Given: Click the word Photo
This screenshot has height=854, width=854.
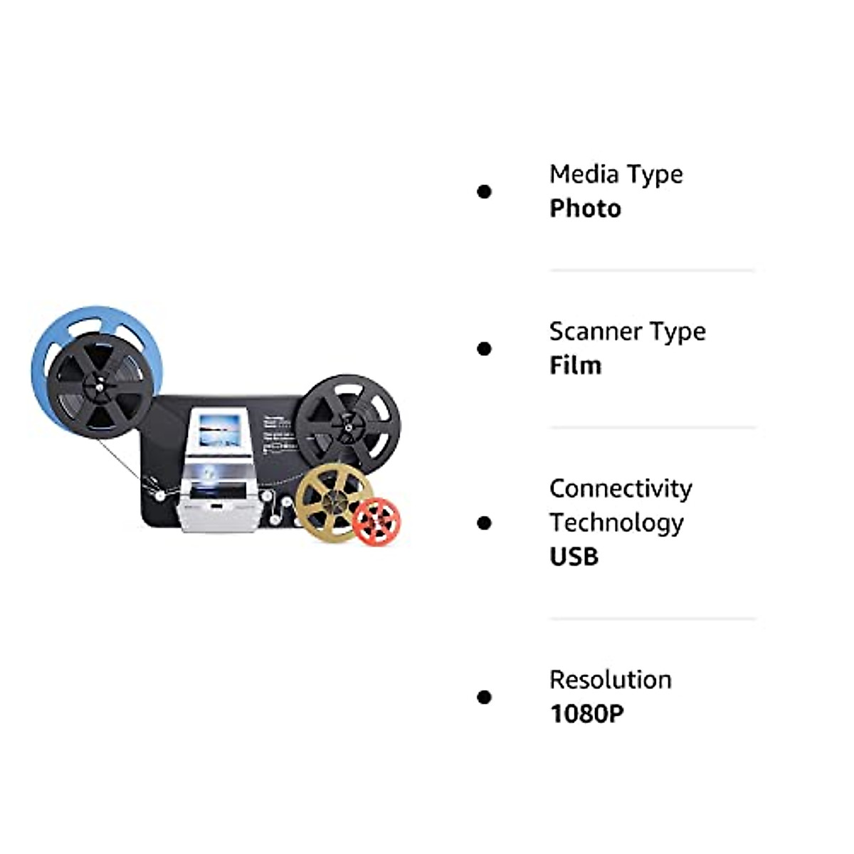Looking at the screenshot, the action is coord(585,209).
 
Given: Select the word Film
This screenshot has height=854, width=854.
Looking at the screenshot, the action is coord(575,365).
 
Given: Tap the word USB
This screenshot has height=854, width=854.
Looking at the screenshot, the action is coord(574,557).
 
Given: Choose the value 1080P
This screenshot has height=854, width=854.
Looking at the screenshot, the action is coord(586,714).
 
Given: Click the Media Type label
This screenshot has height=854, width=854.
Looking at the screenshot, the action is coord(616,174).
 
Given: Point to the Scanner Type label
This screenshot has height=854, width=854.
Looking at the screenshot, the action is coord(627,332).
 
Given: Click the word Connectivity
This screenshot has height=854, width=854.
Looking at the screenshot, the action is coord(621,488).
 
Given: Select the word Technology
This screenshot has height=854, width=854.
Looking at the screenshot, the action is coord(616,522).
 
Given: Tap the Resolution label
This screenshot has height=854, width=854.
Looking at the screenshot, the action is coord(610,680).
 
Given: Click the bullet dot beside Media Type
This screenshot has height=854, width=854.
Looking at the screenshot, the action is coord(485,191).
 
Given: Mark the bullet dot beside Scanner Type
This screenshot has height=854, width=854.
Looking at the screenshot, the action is coord(485,349).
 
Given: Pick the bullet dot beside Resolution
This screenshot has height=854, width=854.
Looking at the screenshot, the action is coord(485,697).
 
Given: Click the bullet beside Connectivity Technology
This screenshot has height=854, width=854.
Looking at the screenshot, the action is coord(485,523).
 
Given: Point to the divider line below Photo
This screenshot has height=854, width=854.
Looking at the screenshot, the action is coord(651,270).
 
